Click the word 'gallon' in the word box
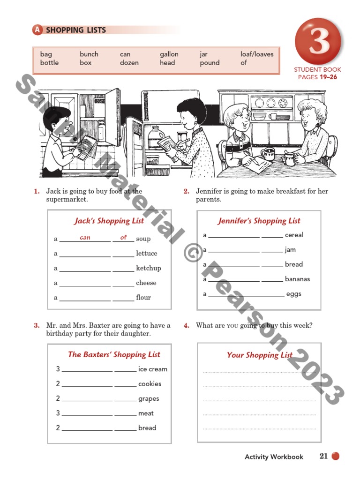click(169, 54)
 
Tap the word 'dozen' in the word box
click(129, 63)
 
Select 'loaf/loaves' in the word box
click(257, 54)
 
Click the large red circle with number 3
click(319, 41)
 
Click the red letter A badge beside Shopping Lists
click(37, 30)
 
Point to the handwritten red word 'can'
click(85, 238)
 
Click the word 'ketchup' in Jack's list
click(148, 268)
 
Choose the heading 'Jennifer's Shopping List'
click(259, 221)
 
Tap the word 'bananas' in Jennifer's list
click(297, 279)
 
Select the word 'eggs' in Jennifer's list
click(293, 294)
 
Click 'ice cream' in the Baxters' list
click(152, 369)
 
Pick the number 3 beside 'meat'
click(58, 413)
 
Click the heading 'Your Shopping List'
click(260, 355)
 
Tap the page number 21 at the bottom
click(323, 456)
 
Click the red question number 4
click(186, 325)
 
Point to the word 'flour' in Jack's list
click(143, 297)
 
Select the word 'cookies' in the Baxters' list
click(150, 383)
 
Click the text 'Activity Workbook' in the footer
click(274, 457)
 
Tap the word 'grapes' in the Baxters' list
click(149, 398)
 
